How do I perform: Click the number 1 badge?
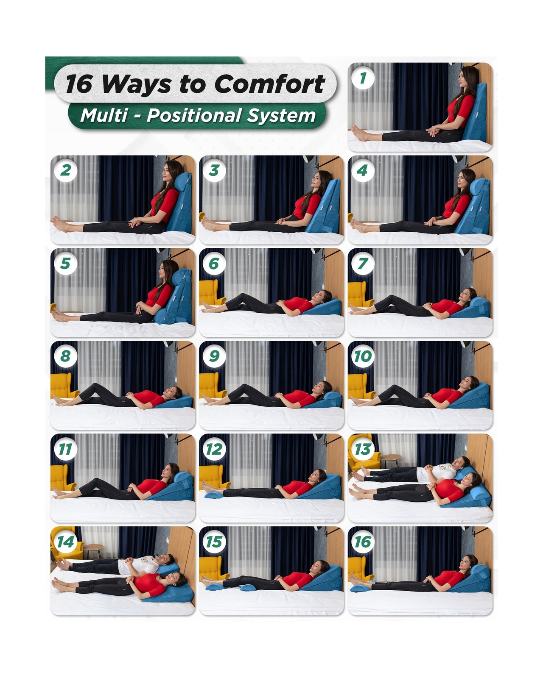[363, 78]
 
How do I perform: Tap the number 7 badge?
[363, 263]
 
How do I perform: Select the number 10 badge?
[363, 356]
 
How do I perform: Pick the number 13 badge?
[363, 449]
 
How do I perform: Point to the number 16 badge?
[363, 542]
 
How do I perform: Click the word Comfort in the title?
[269, 84]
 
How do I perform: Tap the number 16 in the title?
[79, 84]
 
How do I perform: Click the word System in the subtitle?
[281, 116]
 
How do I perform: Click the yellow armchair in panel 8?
[63, 386]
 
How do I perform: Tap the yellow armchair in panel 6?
[212, 293]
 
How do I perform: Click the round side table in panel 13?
[391, 460]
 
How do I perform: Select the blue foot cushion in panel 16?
[360, 588]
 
